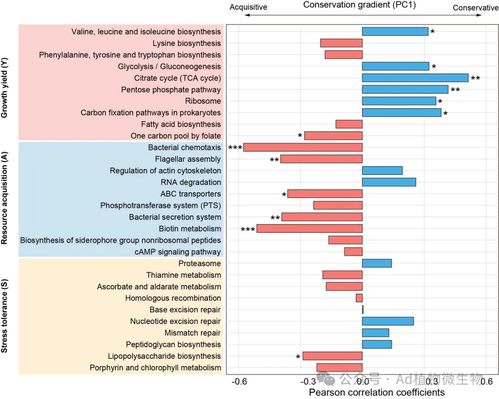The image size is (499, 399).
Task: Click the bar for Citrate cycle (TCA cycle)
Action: [x=415, y=78]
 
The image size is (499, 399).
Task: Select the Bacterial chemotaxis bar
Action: [x=303, y=147]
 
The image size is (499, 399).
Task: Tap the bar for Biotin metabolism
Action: [x=309, y=228]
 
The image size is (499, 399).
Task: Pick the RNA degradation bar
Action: [x=389, y=182]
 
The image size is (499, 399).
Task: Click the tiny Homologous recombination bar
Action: [x=359, y=298]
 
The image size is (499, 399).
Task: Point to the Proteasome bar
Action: [x=377, y=263]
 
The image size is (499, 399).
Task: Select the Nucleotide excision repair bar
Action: [x=388, y=321]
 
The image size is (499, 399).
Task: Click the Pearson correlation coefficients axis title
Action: [x=377, y=393]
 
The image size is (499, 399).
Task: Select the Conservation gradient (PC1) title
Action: [x=360, y=5]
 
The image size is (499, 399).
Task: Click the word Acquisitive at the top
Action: [x=248, y=7]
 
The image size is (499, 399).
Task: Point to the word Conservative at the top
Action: [x=475, y=8]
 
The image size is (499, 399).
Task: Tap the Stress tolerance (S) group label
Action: [x=6, y=316]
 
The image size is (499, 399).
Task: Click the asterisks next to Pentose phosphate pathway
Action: [x=455, y=90]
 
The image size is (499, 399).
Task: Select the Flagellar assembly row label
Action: [x=188, y=159]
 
